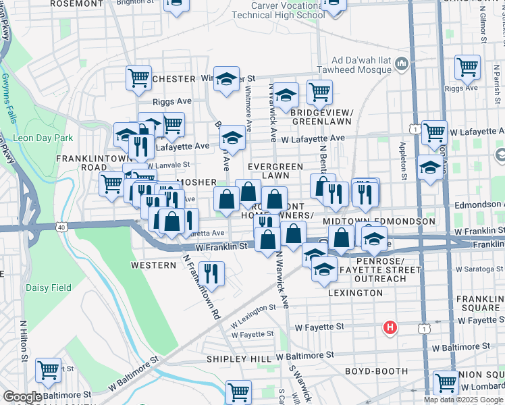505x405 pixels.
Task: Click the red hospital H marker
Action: (390, 328)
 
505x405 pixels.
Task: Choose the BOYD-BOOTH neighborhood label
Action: (376, 371)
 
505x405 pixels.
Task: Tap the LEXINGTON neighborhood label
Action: (355, 294)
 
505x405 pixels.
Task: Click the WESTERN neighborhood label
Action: (153, 265)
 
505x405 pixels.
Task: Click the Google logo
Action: (22, 398)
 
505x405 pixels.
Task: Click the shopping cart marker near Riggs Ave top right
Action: (467, 67)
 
